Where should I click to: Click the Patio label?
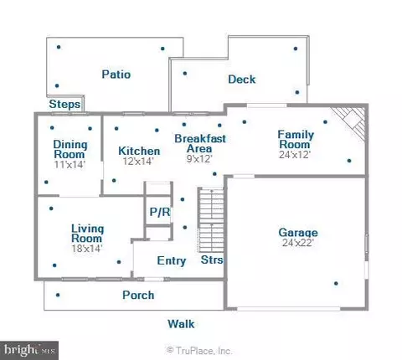(x=116, y=75)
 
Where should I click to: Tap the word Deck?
(x=242, y=80)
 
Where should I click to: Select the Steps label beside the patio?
(x=64, y=105)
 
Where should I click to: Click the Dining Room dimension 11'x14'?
(x=70, y=164)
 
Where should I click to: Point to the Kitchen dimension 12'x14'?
(x=138, y=161)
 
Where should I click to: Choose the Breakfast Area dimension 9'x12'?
(x=199, y=158)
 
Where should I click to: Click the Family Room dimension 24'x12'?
(x=295, y=154)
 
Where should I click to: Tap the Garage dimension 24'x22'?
(x=298, y=243)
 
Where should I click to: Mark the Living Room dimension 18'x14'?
(x=87, y=248)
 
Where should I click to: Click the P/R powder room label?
(x=160, y=212)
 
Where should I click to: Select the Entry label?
(x=172, y=261)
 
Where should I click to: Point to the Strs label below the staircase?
(x=212, y=260)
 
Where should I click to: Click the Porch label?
(x=138, y=295)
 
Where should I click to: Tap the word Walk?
(x=181, y=324)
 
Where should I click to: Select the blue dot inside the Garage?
(x=336, y=284)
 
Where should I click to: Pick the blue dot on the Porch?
(x=58, y=295)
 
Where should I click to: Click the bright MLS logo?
(x=29, y=350)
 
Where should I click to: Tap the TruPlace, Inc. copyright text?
(x=199, y=350)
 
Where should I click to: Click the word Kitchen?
(x=139, y=151)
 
